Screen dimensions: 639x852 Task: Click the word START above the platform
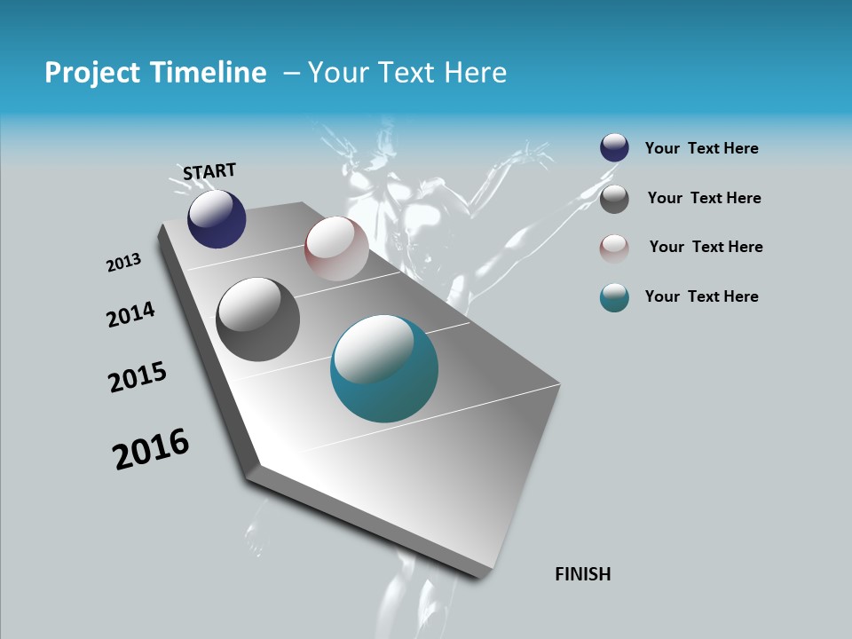coord(209,171)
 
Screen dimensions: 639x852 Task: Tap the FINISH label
coord(583,574)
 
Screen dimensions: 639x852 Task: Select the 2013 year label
coord(124,262)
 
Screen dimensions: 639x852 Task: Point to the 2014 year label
coord(130,314)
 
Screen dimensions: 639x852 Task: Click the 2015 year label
coord(138,378)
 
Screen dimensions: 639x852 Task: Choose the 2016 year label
coord(151,449)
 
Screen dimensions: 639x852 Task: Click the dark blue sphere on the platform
coord(217,219)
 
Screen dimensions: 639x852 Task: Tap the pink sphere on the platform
coord(336,248)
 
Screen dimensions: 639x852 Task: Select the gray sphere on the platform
coord(258,319)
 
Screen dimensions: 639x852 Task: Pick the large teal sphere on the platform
coord(384,368)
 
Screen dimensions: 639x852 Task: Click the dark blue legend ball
coord(614,148)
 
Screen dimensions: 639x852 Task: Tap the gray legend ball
coord(614,198)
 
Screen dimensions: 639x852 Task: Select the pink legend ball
coord(614,248)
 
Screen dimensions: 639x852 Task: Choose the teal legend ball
coord(614,297)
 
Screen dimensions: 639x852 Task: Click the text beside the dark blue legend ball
coord(701,149)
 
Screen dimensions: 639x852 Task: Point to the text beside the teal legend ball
coord(701,296)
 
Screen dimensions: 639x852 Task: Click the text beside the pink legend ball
coord(706,247)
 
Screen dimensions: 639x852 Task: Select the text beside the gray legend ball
coord(704,198)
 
